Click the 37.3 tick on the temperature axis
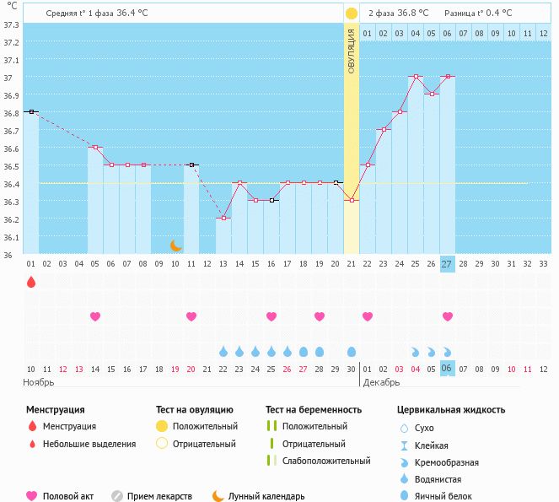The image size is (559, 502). click(12, 24)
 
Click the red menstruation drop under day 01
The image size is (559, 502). click(31, 282)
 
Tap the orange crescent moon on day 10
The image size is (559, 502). click(175, 246)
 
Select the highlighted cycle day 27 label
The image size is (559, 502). click(447, 263)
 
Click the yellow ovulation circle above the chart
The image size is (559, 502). click(351, 13)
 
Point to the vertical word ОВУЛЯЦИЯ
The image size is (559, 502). click(352, 50)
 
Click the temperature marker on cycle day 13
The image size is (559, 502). click(223, 219)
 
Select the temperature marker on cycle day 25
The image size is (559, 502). click(415, 76)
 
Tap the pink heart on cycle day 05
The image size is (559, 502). click(95, 316)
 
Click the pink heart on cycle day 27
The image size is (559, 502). click(447, 316)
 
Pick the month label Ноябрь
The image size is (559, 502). click(39, 382)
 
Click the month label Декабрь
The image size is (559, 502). click(384, 382)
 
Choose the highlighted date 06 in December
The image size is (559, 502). click(447, 369)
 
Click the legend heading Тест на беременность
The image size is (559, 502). click(314, 410)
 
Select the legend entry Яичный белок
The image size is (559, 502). click(449, 497)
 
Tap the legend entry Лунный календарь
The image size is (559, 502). click(266, 497)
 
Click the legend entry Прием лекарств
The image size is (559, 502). click(159, 497)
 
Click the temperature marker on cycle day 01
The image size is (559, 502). click(31, 111)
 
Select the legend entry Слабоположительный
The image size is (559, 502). click(325, 461)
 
